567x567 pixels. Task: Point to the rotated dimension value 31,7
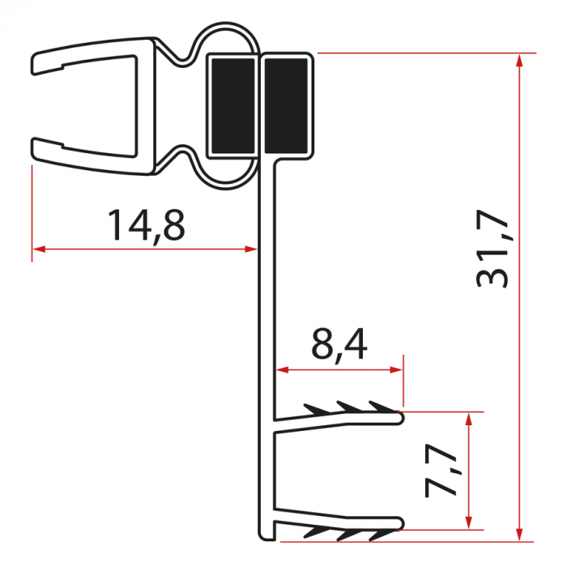[492, 251]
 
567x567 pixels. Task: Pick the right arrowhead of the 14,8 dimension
[252, 249]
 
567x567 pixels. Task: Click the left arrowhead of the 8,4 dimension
[283, 370]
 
